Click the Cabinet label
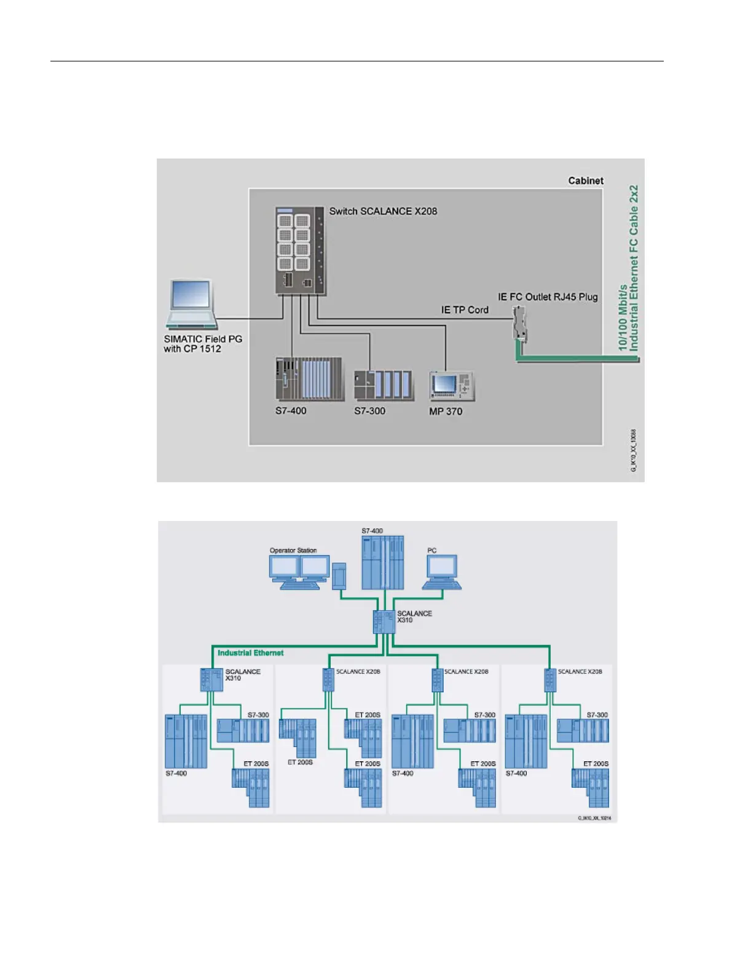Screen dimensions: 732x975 [585, 181]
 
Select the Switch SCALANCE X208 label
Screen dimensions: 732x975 [383, 211]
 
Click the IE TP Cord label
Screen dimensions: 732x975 [465, 310]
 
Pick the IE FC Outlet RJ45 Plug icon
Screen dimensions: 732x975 [519, 323]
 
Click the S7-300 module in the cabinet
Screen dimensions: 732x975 [384, 385]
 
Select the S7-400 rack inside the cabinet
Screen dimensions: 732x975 [309, 378]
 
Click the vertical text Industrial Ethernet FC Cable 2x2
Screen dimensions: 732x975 [634, 268]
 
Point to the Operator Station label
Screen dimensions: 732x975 [293, 550]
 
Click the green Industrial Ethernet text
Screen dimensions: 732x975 [251, 653]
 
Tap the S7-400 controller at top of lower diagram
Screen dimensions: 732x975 [383, 563]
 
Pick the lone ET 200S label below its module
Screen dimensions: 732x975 [300, 762]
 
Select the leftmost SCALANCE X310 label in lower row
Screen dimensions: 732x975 [242, 675]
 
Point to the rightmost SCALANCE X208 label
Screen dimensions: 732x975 [580, 672]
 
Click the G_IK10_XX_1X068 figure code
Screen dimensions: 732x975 [634, 450]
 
